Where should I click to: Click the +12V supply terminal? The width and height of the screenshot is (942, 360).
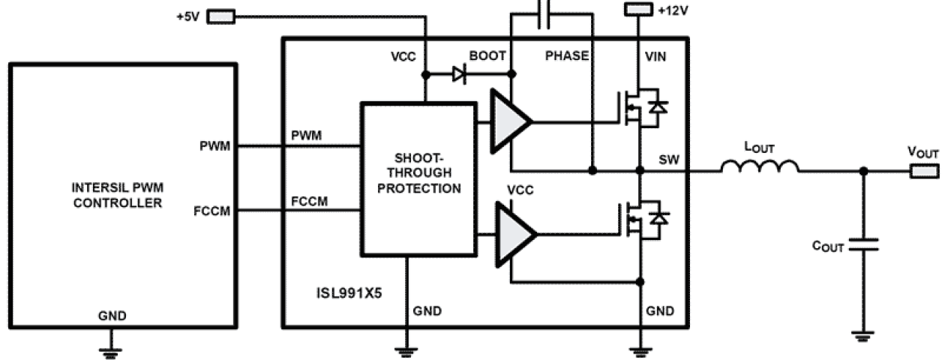click(x=639, y=10)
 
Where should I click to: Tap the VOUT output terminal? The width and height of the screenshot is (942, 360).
click(x=924, y=171)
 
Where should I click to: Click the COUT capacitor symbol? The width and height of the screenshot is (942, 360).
click(x=863, y=245)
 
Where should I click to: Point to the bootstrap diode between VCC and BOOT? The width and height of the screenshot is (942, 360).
click(x=459, y=74)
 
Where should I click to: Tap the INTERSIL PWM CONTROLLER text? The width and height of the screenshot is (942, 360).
click(x=124, y=196)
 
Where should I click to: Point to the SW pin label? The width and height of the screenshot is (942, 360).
click(x=669, y=159)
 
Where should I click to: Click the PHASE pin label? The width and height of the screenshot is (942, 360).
click(x=567, y=55)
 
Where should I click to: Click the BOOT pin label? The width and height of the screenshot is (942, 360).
click(x=487, y=55)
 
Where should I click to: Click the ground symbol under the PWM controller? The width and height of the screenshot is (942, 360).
click(x=112, y=347)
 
